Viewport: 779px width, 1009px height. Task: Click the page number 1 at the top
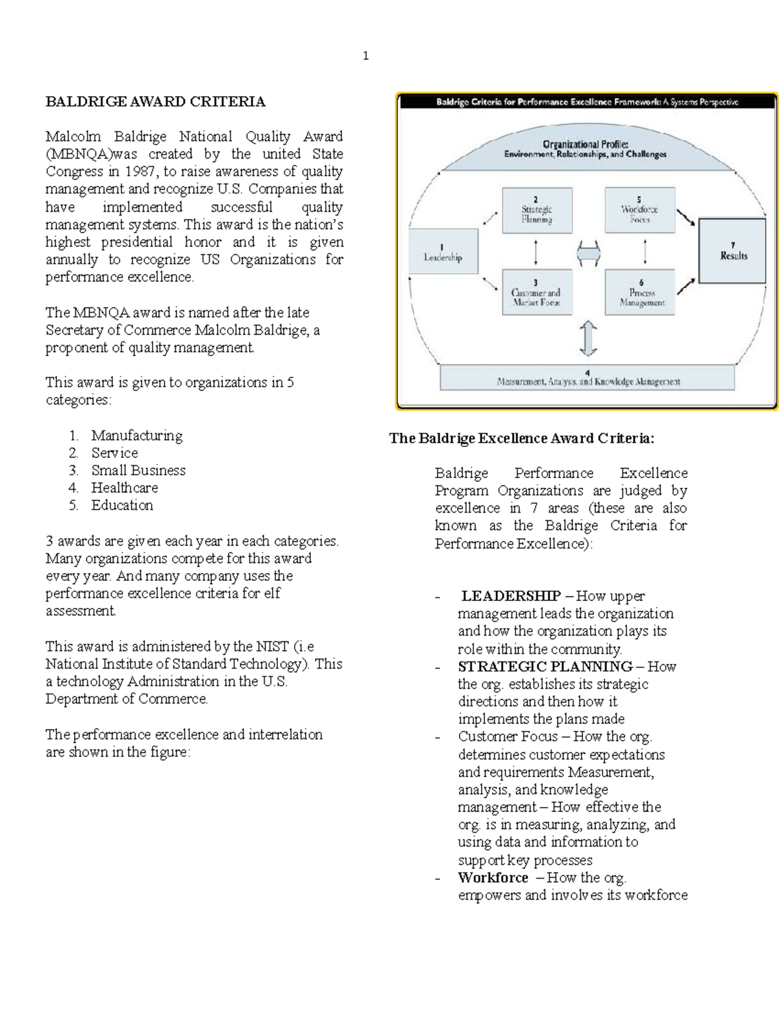(365, 57)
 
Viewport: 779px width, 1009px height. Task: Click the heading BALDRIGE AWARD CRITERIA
(155, 101)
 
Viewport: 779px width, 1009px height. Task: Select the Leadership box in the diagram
(443, 252)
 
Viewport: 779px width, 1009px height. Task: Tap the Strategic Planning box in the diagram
(537, 211)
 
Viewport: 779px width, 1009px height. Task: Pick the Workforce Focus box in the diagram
(639, 211)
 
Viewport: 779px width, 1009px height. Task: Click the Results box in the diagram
(733, 251)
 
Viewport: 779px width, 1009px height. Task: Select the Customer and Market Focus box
(536, 294)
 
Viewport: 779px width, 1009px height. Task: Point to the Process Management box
(640, 294)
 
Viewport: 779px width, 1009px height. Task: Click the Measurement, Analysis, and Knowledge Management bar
(587, 377)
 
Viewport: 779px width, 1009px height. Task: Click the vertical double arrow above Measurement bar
(588, 338)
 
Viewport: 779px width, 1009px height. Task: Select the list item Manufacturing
(136, 435)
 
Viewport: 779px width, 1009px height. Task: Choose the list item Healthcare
(124, 488)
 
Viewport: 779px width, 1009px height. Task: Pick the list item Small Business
(138, 470)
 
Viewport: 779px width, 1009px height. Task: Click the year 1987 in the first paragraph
(140, 172)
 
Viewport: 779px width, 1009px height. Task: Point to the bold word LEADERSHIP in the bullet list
(511, 596)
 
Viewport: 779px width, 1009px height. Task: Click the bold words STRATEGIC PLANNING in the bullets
(545, 667)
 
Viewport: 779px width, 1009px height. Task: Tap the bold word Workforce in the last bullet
(493, 878)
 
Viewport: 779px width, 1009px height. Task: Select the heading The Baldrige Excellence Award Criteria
(521, 439)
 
